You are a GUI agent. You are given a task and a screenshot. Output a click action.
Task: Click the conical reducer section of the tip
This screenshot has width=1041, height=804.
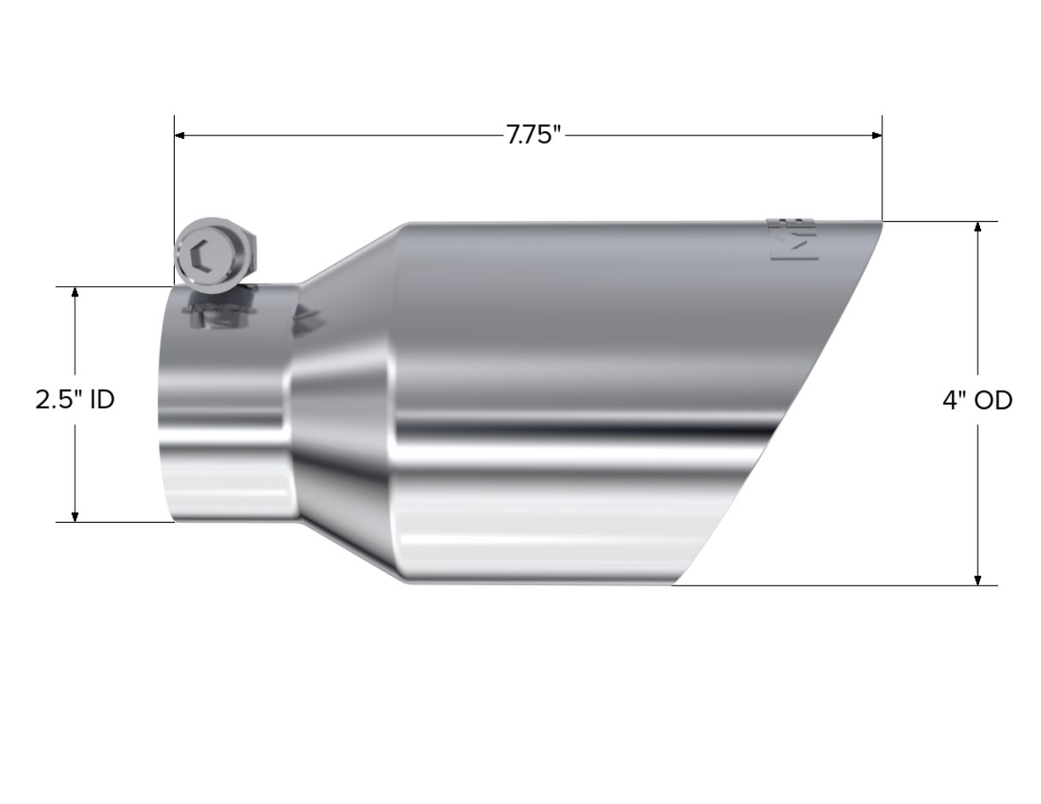(343, 403)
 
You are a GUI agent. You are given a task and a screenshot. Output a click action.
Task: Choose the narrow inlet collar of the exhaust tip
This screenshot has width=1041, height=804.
(227, 403)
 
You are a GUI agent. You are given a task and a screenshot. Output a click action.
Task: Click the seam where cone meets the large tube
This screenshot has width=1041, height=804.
(396, 403)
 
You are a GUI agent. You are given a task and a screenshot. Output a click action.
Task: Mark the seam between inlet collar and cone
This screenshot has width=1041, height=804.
(292, 403)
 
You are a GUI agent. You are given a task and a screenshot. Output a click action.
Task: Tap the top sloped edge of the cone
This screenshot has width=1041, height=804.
(352, 251)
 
